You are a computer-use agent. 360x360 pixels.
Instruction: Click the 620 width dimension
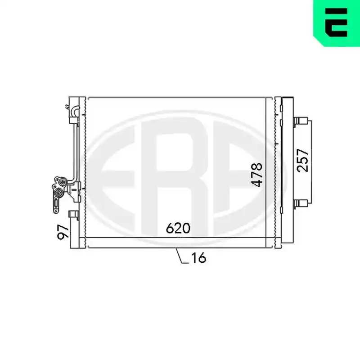click(178, 228)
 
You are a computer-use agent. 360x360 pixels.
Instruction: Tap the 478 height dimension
click(256, 175)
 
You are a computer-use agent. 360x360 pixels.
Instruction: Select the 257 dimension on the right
click(302, 160)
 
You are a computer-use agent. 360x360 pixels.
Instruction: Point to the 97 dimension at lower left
click(63, 232)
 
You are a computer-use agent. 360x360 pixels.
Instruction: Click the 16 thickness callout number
click(198, 258)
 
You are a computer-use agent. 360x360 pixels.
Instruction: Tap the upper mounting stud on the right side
click(301, 121)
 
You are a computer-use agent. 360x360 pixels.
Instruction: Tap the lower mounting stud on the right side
click(301, 203)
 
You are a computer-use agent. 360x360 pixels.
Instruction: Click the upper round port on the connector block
click(62, 182)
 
